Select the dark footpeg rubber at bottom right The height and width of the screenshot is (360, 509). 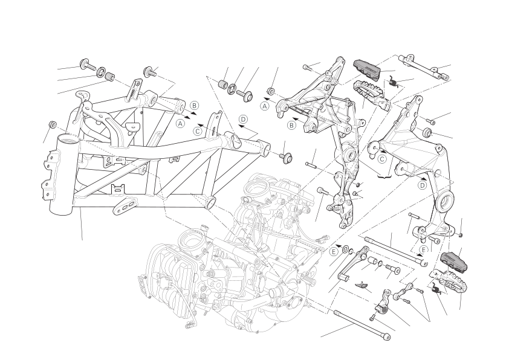point(454,261)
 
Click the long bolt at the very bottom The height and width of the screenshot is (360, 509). point(361,325)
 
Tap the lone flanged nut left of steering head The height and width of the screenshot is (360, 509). point(53,125)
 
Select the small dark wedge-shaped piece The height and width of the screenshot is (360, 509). point(361,284)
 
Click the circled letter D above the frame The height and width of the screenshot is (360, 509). point(243,120)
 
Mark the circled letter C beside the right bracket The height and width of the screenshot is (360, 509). point(382,159)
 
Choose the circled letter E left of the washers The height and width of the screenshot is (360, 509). point(334,251)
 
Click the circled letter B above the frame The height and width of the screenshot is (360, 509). point(194,106)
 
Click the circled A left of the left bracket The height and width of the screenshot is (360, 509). point(265,106)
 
